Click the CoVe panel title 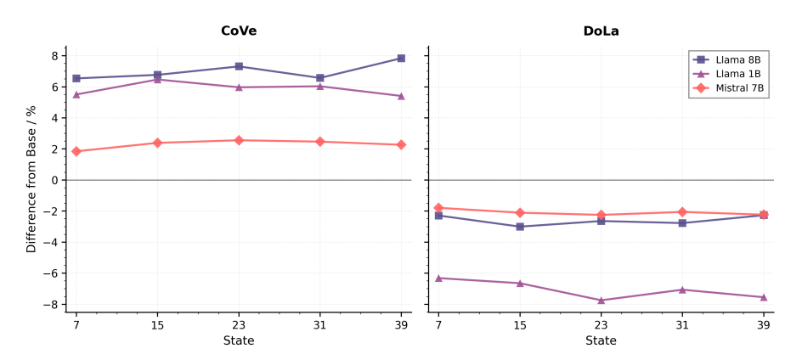point(239,31)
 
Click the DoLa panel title point(601,31)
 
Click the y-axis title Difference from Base point(31,179)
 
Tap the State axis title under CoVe point(239,341)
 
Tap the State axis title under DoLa point(601,341)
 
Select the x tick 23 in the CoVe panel point(239,324)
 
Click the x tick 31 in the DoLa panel point(682,324)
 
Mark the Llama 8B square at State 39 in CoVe point(401,59)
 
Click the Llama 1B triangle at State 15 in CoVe point(157,80)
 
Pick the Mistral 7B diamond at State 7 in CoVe point(76,151)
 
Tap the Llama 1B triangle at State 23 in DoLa point(601,301)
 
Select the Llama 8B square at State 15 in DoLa point(520,227)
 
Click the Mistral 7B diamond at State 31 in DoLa point(682,212)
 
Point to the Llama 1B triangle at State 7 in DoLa point(438,278)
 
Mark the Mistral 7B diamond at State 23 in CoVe point(239,140)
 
